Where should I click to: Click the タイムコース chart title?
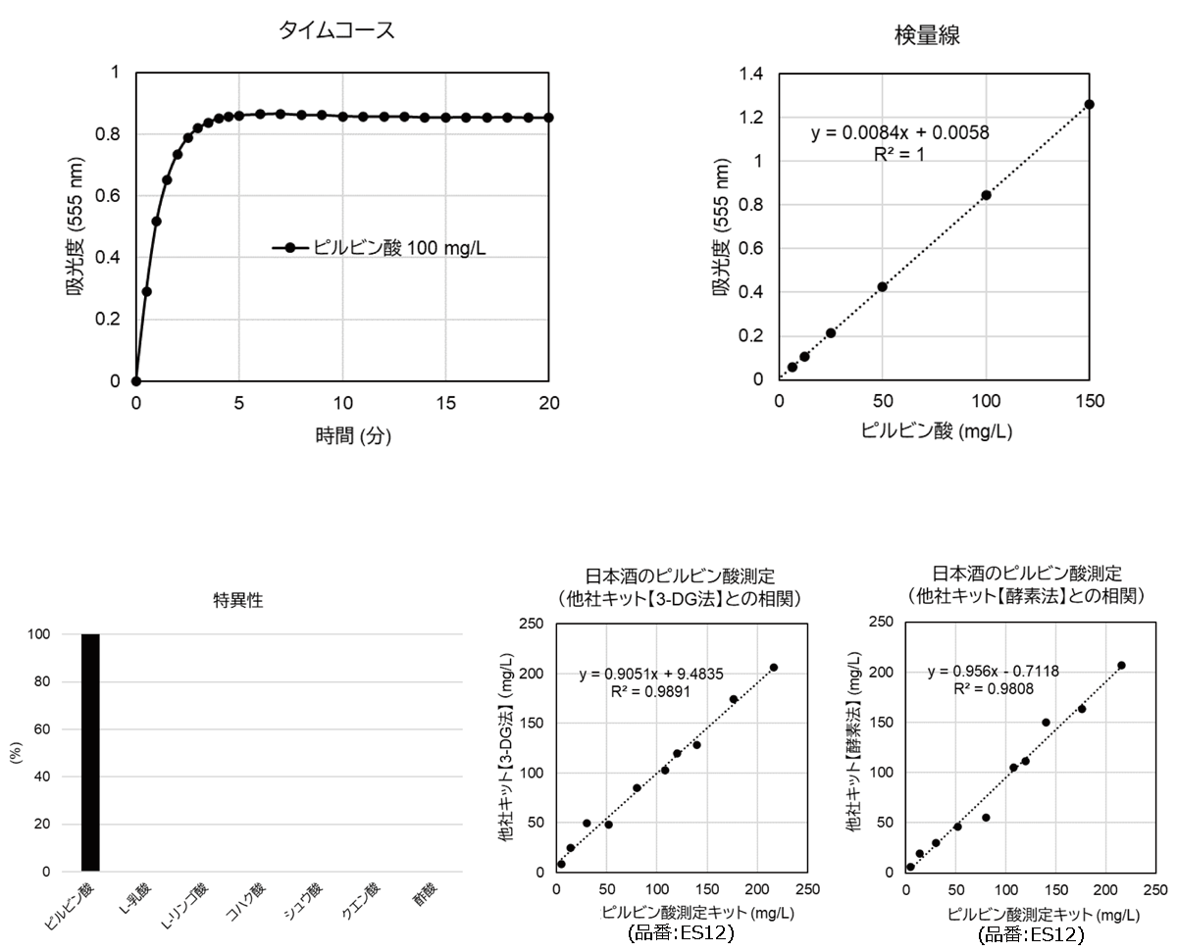(336, 30)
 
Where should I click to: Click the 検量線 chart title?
(927, 36)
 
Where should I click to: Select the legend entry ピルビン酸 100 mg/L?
(380, 248)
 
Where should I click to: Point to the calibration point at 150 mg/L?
(1089, 104)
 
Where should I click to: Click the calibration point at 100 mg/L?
(986, 195)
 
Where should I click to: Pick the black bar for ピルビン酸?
(90, 752)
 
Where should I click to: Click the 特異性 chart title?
(238, 601)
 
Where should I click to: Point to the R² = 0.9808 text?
(993, 689)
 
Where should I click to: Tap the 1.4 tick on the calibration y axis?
(750, 74)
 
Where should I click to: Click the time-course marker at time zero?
(136, 381)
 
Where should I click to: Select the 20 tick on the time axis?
(549, 403)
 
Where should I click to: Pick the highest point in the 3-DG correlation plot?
(773, 668)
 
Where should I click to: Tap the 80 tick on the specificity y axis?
(53, 681)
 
